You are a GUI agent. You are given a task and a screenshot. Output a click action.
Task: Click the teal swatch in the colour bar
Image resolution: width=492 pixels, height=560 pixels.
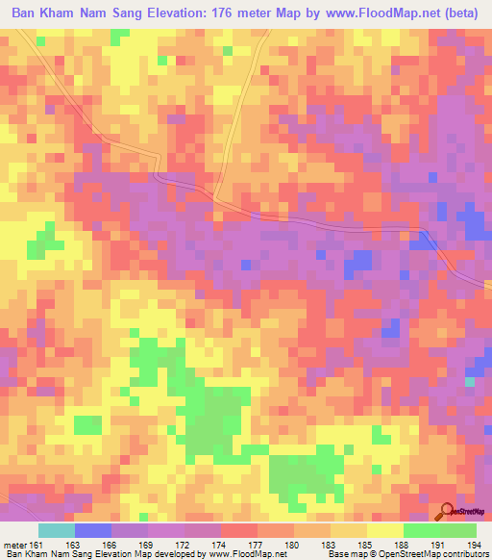pyautogui.click(x=57, y=530)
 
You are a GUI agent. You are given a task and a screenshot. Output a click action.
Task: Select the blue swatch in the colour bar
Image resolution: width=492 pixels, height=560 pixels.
pyautogui.click(x=93, y=530)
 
